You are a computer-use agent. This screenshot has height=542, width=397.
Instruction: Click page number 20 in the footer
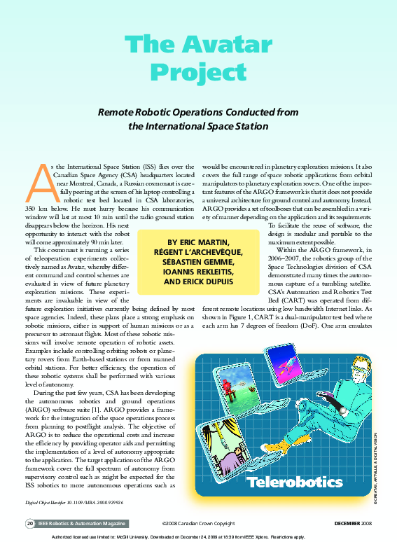coord(30,523)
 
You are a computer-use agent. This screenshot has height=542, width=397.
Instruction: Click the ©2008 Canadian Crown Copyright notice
coord(197,523)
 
